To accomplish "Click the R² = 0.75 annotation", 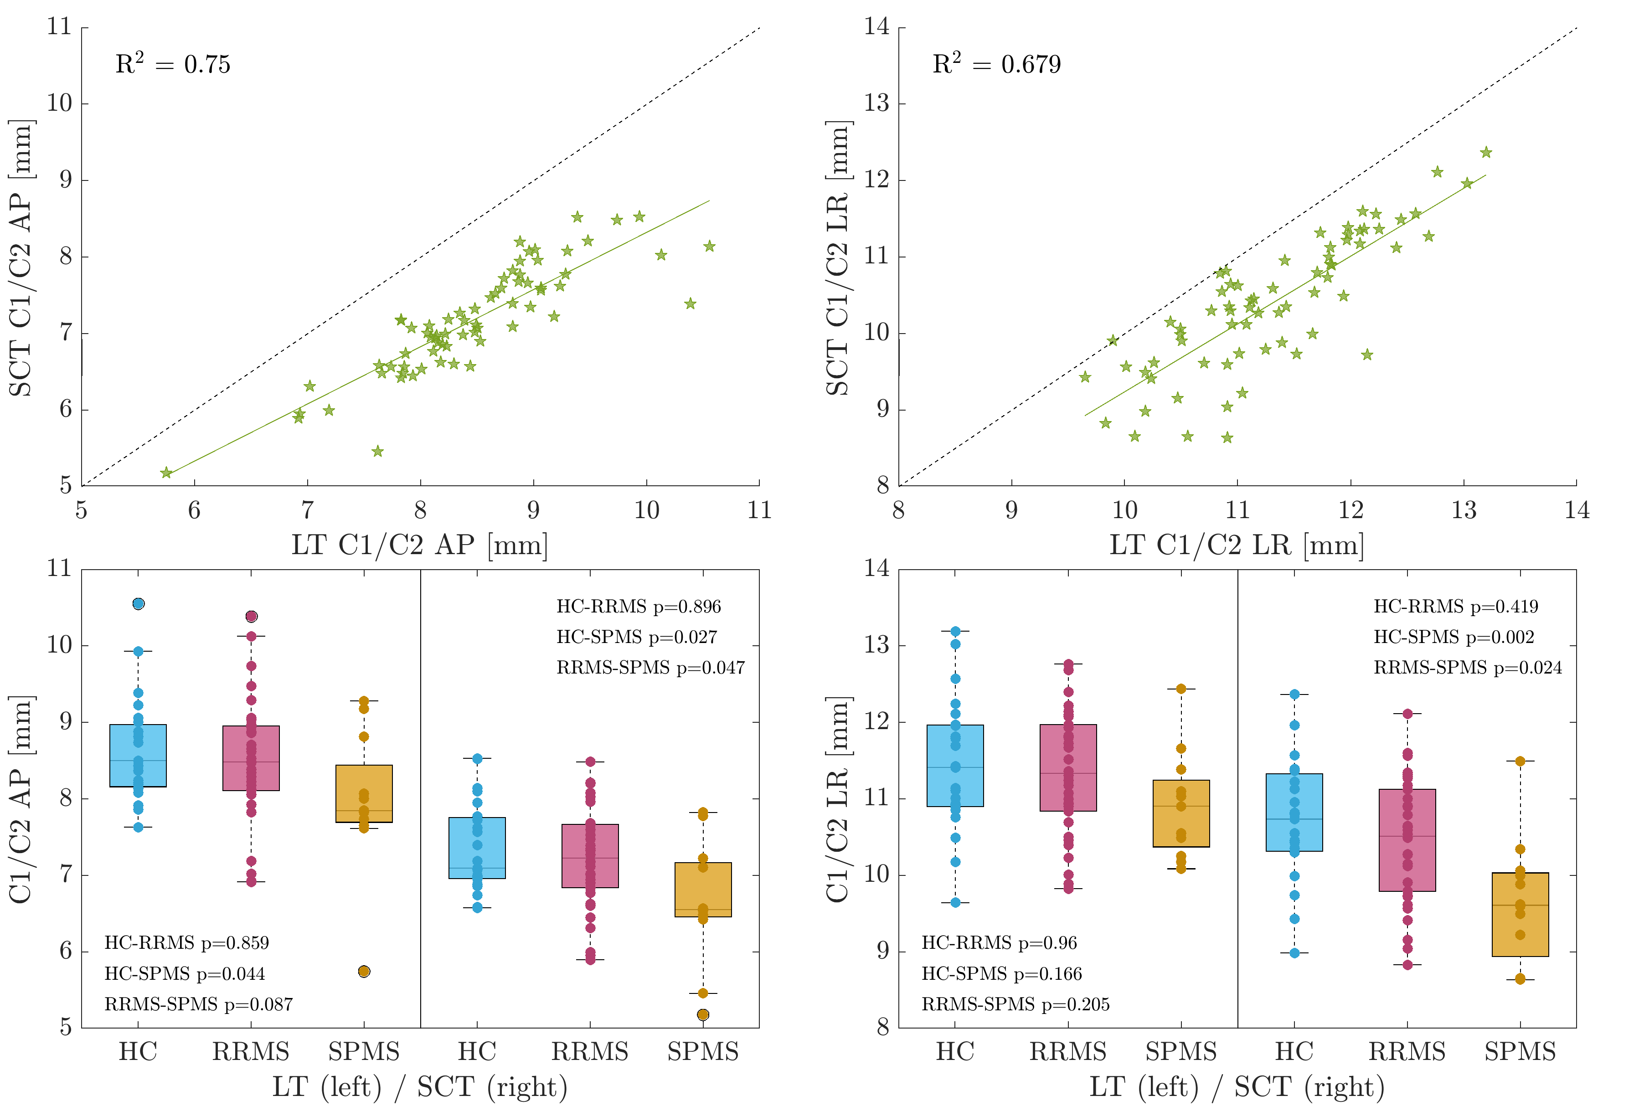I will [x=173, y=64].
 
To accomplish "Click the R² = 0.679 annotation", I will [x=996, y=64].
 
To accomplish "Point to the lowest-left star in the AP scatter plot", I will [x=166, y=473].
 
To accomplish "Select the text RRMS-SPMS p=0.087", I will [x=198, y=1004].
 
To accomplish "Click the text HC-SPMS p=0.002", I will [x=1454, y=637].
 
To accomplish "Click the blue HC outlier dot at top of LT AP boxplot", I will [x=139, y=604].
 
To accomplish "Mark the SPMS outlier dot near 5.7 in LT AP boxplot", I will [x=364, y=972].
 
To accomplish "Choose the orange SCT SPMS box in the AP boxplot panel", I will [x=703, y=890].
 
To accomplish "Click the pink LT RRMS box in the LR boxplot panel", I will [x=1068, y=768].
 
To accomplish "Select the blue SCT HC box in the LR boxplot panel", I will [x=1294, y=813].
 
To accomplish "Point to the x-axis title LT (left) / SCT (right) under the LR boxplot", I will [x=1237, y=1087].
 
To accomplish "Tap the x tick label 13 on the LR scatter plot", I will [x=1464, y=510].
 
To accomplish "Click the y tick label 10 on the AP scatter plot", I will [x=59, y=103].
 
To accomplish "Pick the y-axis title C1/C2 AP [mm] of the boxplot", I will [x=21, y=799].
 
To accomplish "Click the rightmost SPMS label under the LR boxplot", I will [x=1520, y=1052].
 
